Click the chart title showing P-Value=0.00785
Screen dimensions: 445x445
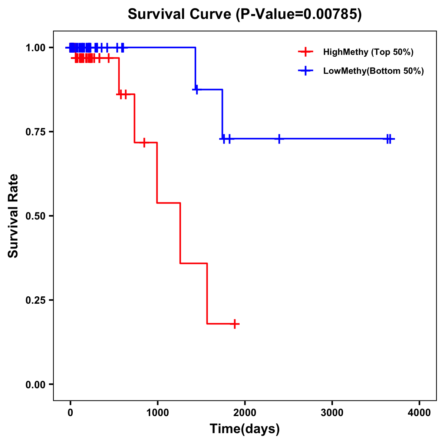(x=244, y=14)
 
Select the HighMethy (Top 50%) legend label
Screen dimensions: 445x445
(x=368, y=52)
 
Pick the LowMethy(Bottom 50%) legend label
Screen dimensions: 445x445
(x=373, y=71)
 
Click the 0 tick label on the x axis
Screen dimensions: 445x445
(x=70, y=413)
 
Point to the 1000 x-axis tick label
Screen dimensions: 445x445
(x=157, y=413)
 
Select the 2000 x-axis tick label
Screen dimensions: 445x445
(x=245, y=413)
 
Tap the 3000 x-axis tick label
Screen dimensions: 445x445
(x=332, y=413)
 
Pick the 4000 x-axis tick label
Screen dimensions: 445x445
(x=419, y=413)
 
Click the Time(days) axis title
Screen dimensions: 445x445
(x=245, y=429)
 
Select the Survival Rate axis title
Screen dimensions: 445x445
(x=13, y=216)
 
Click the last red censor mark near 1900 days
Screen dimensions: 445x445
(x=235, y=324)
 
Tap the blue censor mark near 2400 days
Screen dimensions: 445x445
(x=279, y=139)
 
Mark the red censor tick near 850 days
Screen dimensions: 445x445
(x=144, y=142)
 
